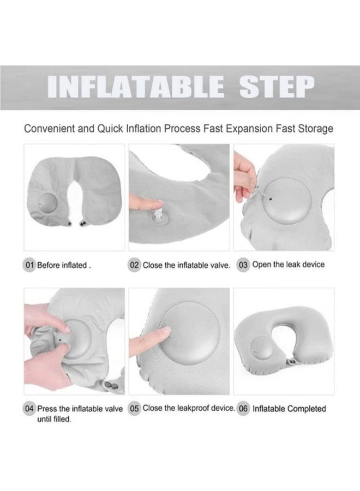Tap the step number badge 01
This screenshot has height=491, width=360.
(x=29, y=265)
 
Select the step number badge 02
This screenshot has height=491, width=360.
(x=134, y=265)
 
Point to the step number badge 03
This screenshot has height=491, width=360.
(x=243, y=265)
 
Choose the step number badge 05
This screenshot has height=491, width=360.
(x=134, y=408)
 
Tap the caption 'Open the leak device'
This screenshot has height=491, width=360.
(x=289, y=265)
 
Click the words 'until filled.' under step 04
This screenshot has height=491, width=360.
(x=55, y=420)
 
